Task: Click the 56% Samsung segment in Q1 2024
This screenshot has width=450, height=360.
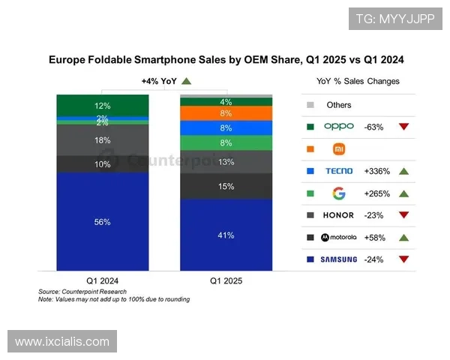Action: coord(102,221)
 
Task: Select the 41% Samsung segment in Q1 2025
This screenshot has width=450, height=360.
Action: coord(226,235)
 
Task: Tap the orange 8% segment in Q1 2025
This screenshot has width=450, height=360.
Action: coord(226,113)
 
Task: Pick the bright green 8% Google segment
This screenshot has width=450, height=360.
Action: coord(226,142)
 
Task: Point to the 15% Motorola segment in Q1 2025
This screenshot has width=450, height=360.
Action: coord(226,186)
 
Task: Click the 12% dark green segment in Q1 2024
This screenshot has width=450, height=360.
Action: coord(102,106)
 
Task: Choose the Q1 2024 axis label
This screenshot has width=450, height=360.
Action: coord(102,280)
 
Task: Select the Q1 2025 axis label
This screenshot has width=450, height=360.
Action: coord(226,280)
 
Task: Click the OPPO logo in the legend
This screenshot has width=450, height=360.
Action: coord(338,127)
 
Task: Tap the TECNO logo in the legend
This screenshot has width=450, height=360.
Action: coord(338,171)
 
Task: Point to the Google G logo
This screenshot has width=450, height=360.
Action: coord(339,193)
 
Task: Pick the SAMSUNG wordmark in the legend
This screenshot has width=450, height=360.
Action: coord(338,259)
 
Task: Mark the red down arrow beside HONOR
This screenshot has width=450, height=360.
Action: coord(403,215)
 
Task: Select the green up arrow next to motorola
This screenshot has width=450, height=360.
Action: coord(403,238)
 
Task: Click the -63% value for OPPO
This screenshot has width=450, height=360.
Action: coord(373,127)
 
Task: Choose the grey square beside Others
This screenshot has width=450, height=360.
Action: coord(310,105)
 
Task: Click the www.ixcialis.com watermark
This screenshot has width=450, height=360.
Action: coord(62,342)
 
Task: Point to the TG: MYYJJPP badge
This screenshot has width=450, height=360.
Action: coord(395,19)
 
